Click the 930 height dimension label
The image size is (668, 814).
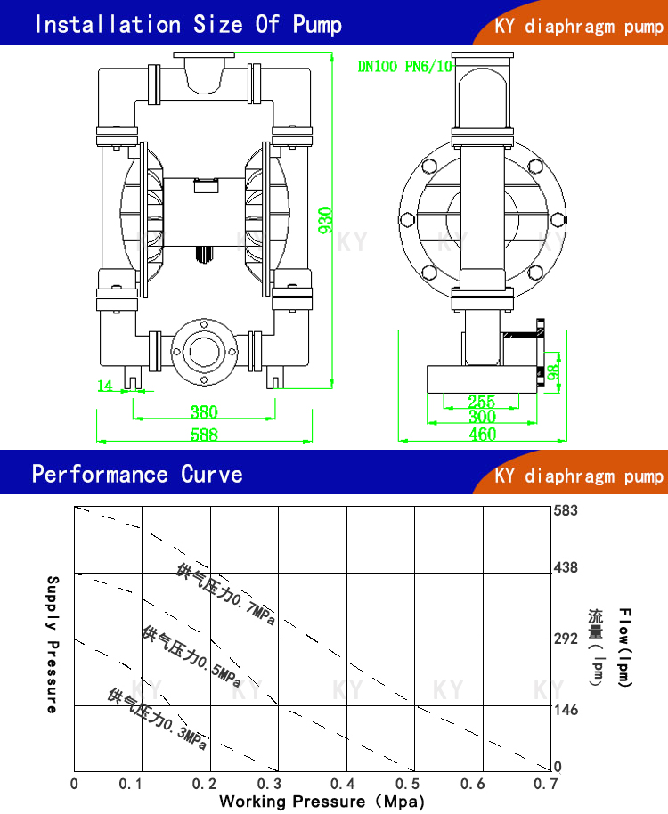coord(326,220)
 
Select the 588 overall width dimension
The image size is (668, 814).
coord(204,435)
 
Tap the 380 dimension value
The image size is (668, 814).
coord(204,412)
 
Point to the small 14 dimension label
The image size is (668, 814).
coord(105,385)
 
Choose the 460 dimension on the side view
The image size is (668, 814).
coord(482,435)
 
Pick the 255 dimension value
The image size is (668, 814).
coord(481,402)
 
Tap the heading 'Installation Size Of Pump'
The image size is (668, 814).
coord(187,24)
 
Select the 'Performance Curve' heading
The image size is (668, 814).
coord(137,474)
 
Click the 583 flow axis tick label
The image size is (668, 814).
coord(566,510)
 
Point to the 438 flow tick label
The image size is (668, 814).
coord(566,566)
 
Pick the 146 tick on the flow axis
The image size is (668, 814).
coord(566,710)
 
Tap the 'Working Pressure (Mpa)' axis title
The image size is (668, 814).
coord(316,801)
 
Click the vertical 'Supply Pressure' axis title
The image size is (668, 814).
coord(52,644)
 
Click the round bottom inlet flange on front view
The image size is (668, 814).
coord(204,351)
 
